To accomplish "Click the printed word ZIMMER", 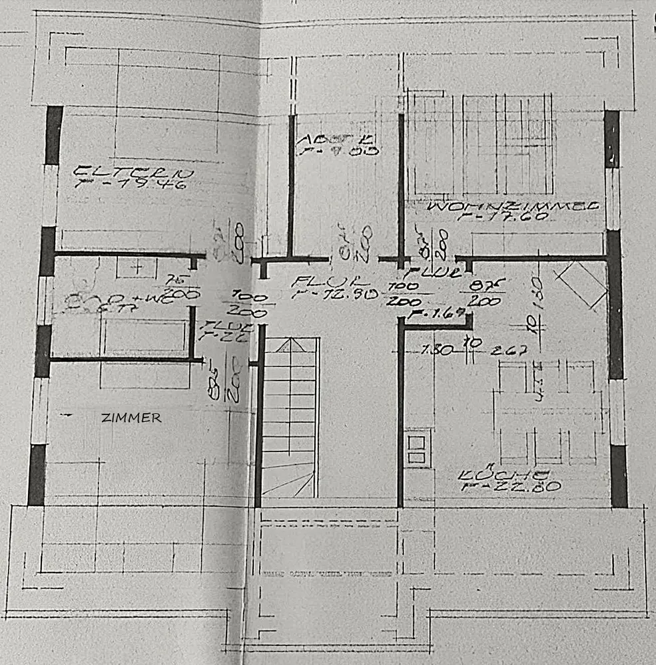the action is tap(131, 418).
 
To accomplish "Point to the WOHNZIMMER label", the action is tap(513, 206).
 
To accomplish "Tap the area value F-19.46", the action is tap(133, 184).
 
